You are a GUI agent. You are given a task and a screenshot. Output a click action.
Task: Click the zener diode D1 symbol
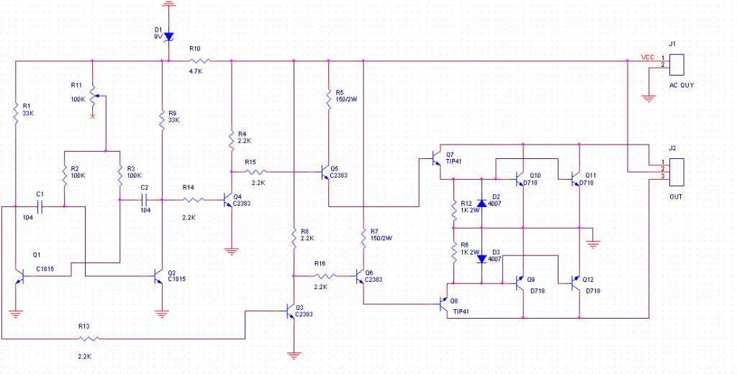pos(168,36)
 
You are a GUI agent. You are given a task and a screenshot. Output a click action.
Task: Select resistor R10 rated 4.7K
pos(200,60)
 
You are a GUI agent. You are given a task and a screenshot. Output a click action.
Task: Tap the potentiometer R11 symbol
pos(94,97)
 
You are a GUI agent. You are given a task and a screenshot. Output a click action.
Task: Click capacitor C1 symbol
pos(40,206)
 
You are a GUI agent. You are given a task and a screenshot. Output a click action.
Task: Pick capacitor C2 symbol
pos(144,200)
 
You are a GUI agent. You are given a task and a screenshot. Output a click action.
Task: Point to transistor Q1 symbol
pos(19,275)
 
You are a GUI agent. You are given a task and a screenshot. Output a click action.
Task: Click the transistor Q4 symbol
pos(228,200)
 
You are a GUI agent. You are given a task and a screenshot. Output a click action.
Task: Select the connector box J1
pos(676,65)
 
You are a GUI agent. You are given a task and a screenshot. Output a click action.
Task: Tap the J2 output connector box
pos(676,171)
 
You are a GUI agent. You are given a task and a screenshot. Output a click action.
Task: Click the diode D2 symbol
pos(481,204)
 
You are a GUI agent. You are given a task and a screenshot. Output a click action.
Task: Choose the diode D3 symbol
pos(481,258)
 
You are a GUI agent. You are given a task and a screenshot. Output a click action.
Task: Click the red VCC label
pos(648,58)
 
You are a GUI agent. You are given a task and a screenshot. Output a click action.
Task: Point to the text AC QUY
pos(681,86)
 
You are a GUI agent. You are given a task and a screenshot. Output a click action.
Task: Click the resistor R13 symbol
pos(89,338)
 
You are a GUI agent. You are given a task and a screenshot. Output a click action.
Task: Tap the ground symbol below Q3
pos(294,356)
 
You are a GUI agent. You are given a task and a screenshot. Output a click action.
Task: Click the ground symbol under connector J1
pos(648,99)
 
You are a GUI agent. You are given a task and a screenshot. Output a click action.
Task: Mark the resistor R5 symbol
pos(328,98)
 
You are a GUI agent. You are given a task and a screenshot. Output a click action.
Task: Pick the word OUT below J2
pos(676,196)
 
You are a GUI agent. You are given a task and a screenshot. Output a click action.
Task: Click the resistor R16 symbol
pos(325,275)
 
